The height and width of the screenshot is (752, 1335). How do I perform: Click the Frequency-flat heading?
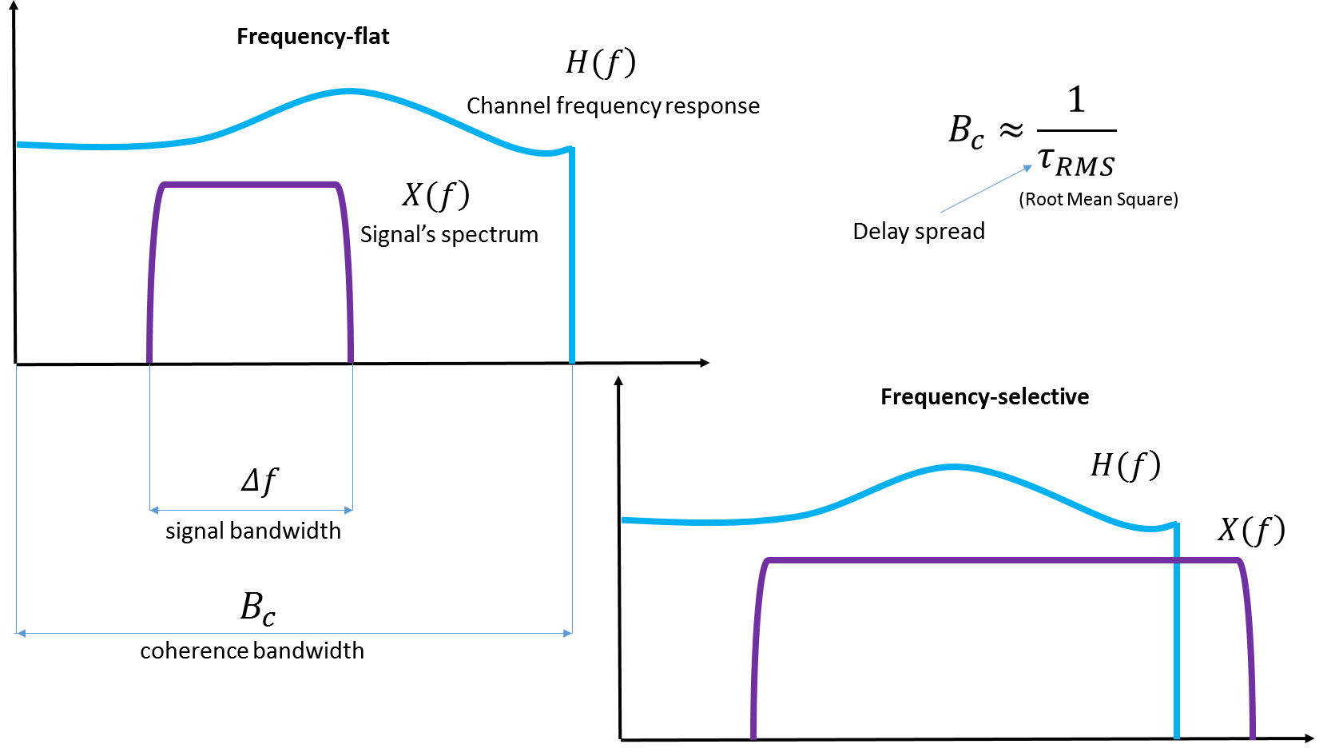coord(312,37)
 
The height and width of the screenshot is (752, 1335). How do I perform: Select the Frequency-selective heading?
coord(984,397)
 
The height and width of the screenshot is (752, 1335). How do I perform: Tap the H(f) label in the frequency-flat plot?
coord(600,62)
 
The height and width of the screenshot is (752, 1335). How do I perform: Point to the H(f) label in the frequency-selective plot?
coord(1125,465)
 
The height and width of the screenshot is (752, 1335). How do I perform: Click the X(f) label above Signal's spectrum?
coord(435,195)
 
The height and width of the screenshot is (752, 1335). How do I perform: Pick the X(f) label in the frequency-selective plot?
coord(1250,530)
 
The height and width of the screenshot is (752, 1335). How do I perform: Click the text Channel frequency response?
coord(613,105)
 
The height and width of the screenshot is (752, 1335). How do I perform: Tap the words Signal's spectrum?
coord(449,235)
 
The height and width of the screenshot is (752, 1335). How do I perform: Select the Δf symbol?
coord(259,481)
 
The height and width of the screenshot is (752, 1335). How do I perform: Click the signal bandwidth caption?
coord(252,531)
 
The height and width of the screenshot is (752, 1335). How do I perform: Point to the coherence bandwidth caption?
coord(252,651)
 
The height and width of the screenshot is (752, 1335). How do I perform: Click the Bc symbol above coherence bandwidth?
coord(257,608)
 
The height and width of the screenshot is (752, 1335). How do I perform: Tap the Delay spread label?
coord(919,232)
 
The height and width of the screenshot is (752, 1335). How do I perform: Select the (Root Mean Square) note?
coord(1098,200)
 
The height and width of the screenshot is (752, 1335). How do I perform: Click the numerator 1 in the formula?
coord(1076,100)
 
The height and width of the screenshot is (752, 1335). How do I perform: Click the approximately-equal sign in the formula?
coord(1011,129)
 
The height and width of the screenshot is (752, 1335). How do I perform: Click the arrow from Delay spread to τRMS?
coord(986,189)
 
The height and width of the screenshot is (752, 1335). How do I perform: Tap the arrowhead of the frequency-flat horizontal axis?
coord(704,363)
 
